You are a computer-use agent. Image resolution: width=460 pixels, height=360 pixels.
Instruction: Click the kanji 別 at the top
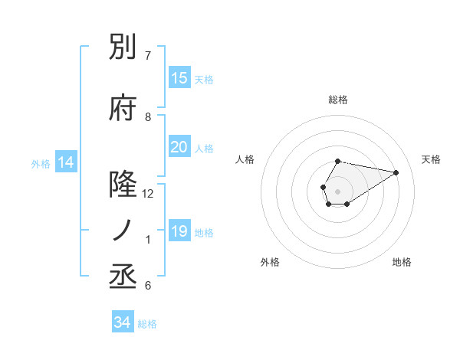coord(123,49)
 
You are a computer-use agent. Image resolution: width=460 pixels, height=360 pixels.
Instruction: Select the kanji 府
coord(123,110)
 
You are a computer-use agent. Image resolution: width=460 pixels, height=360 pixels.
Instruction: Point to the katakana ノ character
coord(123,231)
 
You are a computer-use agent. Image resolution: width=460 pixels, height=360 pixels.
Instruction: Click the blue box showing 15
coord(179,78)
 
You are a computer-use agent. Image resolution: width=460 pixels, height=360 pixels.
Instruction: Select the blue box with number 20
coord(179,147)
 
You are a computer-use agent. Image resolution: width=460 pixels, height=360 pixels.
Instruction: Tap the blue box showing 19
coord(179,231)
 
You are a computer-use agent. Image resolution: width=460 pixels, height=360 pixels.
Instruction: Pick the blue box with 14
coord(66,162)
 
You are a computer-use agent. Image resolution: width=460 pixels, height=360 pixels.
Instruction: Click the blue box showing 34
coord(122,322)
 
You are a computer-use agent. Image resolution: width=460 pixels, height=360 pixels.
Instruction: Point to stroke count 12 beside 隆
coord(148,194)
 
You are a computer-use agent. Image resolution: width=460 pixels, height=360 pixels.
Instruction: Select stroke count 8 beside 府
coord(148,117)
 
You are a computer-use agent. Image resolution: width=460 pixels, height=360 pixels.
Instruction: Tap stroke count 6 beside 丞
coord(148,286)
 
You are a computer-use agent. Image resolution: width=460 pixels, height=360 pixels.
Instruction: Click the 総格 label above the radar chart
coord(337,100)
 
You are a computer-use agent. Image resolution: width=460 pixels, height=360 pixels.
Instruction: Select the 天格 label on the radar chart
coord(431,159)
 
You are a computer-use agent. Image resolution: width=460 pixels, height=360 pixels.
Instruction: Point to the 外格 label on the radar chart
coord(270,262)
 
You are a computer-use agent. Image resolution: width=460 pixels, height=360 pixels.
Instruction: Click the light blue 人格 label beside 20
coord(204,148)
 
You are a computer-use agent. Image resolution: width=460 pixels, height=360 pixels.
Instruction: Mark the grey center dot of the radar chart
coord(337,190)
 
